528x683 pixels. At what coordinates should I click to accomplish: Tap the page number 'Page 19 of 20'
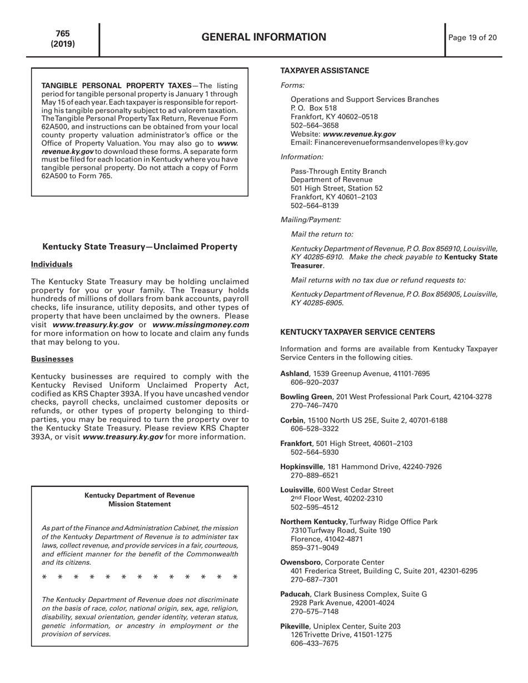(x=472, y=38)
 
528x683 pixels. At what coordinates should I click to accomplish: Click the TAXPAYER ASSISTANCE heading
(x=325, y=71)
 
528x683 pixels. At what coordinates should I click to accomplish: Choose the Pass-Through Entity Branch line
(x=338, y=171)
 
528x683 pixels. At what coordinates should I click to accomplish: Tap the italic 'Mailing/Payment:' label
(x=311, y=220)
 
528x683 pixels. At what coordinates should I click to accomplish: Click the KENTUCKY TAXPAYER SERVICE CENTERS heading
(x=357, y=332)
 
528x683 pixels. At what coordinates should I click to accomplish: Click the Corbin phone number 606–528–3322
(x=315, y=429)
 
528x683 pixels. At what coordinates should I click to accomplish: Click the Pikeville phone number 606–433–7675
(x=315, y=643)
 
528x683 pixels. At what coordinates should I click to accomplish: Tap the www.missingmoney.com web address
(x=201, y=324)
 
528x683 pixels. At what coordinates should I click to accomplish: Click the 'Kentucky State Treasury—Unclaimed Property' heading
(x=140, y=247)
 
